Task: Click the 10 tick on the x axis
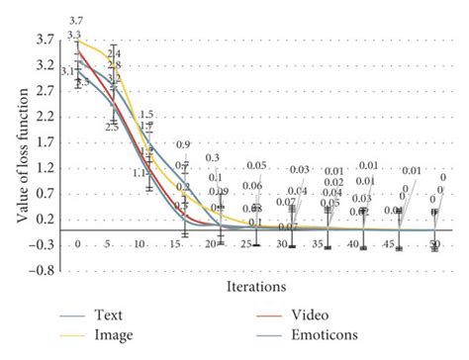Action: coord(147,244)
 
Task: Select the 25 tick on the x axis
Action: coord(255,244)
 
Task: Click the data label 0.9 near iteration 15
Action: coord(183,145)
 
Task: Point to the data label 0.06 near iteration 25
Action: coord(253,186)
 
